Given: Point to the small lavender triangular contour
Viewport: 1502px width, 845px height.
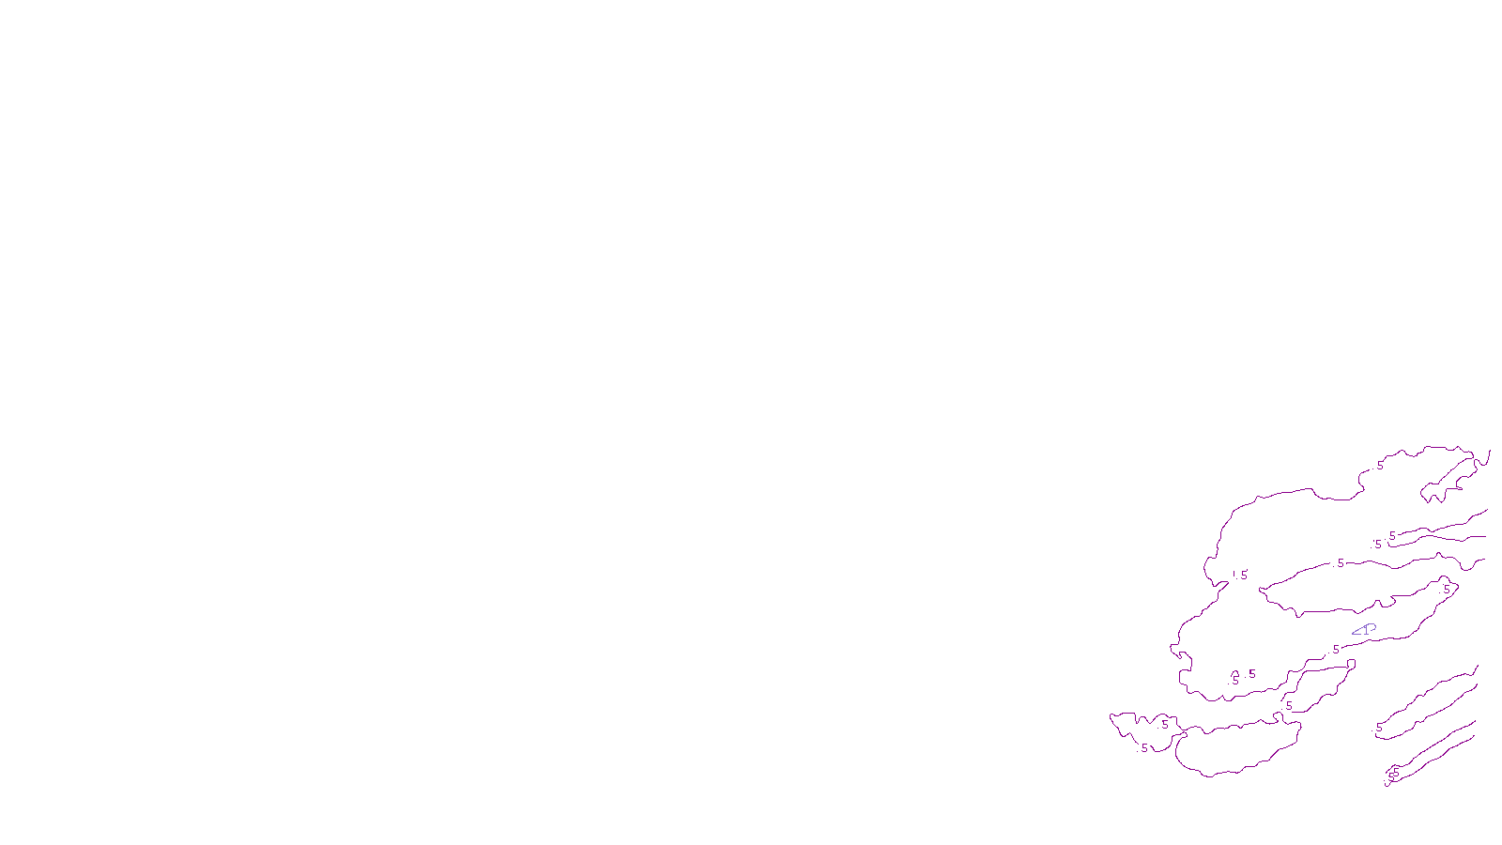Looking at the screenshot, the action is (1364, 629).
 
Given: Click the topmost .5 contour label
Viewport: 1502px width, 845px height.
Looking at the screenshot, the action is (1379, 466).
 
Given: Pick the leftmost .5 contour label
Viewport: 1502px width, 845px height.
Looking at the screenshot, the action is (1142, 748).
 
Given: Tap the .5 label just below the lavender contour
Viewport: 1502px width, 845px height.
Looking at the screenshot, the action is (1334, 650).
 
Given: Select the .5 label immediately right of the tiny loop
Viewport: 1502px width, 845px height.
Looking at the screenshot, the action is (1251, 674).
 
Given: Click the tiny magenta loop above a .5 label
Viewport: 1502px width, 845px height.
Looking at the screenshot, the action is (1234, 674).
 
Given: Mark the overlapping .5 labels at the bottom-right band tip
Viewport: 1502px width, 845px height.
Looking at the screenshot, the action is (1395, 774).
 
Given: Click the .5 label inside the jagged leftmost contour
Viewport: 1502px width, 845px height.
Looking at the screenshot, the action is (1164, 725).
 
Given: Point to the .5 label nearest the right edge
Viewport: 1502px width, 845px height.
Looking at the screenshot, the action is (1446, 589).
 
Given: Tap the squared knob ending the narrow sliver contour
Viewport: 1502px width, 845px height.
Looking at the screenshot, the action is (1351, 664).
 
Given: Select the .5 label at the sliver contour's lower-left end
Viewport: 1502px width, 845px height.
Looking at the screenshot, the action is (1288, 706).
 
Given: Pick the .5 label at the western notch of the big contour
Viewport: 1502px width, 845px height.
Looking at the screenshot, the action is (1243, 576).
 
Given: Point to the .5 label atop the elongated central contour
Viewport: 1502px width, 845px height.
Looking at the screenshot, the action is (1340, 563).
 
